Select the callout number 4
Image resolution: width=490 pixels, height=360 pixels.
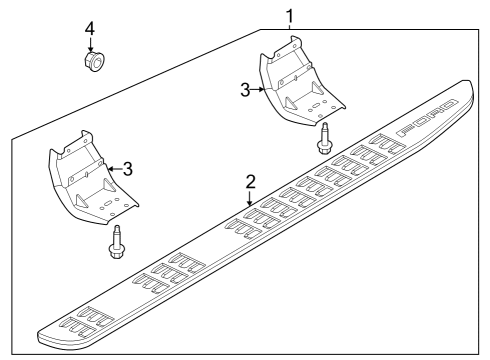pyautogui.click(x=90, y=27)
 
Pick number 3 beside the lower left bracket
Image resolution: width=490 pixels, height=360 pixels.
pyautogui.click(x=127, y=168)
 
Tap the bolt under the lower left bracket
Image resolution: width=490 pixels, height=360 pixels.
pyautogui.click(x=118, y=241)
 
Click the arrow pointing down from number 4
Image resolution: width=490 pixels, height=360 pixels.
pyautogui.click(x=90, y=43)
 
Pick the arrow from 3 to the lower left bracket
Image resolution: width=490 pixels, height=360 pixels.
pyautogui.click(x=113, y=168)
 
